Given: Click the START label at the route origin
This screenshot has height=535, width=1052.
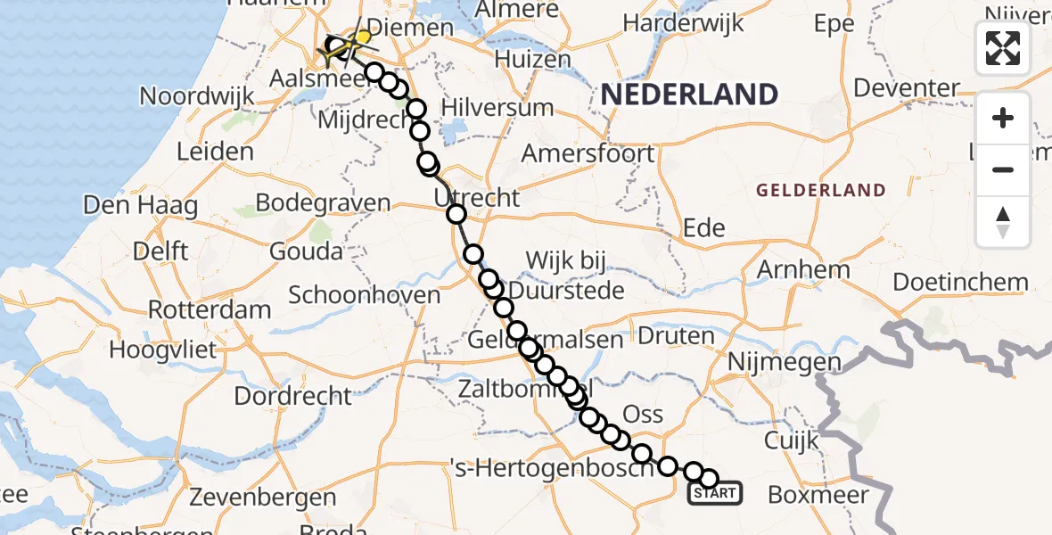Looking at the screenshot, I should (x=714, y=493).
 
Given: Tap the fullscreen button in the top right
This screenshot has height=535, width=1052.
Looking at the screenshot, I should (x=1003, y=48).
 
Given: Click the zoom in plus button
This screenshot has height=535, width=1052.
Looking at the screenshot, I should (x=1003, y=118).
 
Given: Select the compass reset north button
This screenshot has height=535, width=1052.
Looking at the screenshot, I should (x=1003, y=221).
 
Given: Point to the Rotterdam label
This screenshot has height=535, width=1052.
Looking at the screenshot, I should (x=210, y=311).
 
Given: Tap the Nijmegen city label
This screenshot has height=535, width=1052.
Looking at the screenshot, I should (x=785, y=362).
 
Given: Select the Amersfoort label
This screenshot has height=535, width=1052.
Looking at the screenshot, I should (x=588, y=153).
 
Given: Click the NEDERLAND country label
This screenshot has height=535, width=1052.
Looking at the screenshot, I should (x=689, y=94).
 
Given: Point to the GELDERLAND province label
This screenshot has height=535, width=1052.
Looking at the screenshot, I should (x=821, y=190).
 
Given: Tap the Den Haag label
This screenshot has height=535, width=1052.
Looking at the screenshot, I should (x=140, y=206).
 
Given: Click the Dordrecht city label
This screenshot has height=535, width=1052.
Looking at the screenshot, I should (x=293, y=395).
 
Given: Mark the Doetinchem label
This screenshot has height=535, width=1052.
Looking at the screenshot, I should (x=960, y=283).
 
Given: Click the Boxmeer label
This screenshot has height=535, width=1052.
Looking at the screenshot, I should (x=818, y=494).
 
